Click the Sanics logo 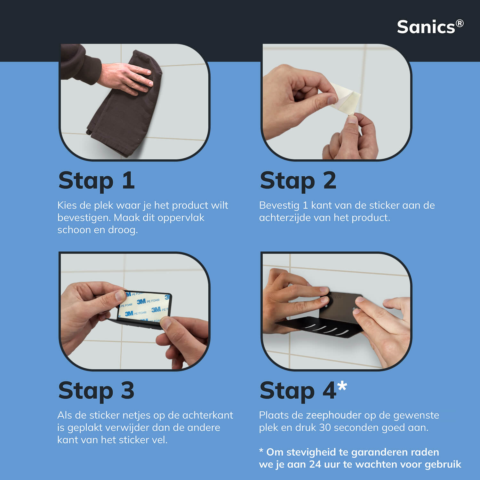430,27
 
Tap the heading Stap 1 96,181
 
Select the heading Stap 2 298,181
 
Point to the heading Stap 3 96,391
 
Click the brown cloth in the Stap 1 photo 125,109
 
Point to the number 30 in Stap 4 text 325,428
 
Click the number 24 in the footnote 315,464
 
